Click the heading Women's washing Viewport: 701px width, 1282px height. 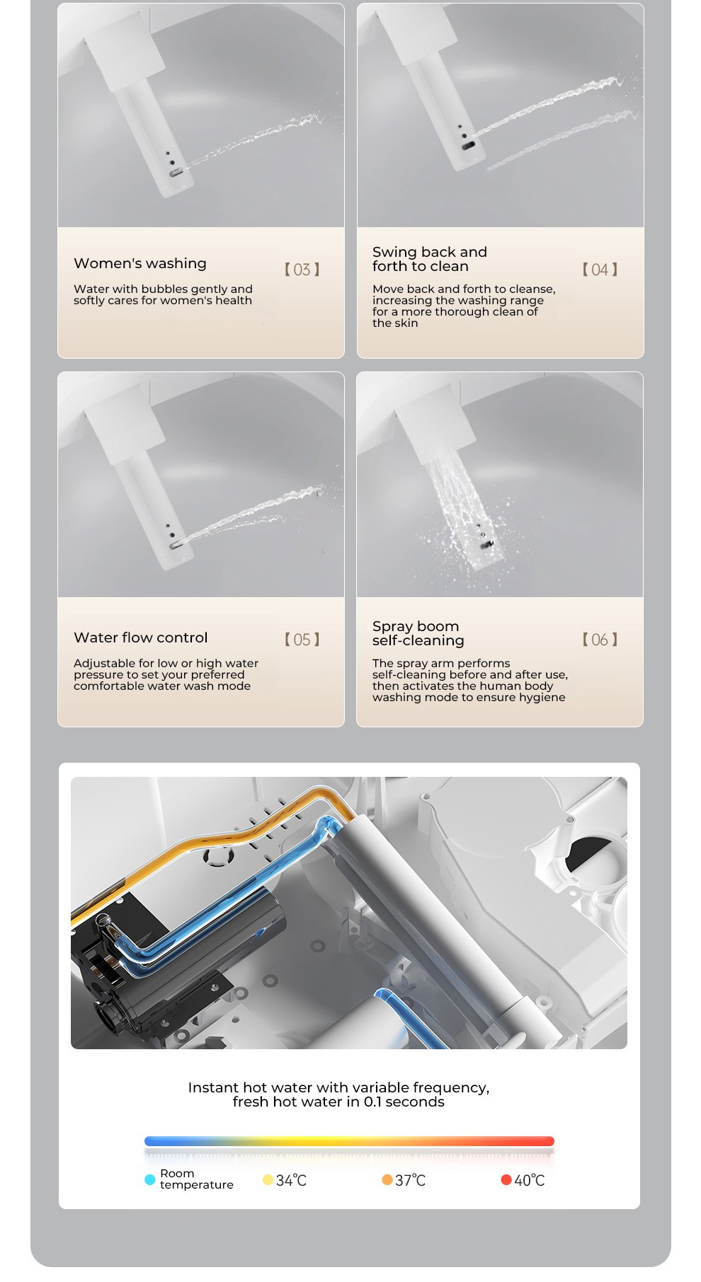(140, 264)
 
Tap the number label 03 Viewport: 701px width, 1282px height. (302, 270)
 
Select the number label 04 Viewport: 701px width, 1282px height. (600, 270)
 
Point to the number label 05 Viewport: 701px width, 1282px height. (302, 640)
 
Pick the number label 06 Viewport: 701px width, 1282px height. (600, 640)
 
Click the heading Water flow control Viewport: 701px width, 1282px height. (141, 637)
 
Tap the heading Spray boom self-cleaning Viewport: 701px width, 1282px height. (418, 633)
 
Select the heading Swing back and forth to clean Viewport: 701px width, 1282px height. (430, 259)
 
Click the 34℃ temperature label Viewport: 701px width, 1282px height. (291, 1180)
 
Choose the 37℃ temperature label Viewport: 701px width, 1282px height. (410, 1180)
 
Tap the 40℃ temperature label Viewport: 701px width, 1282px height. (530, 1180)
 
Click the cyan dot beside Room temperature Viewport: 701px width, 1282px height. (149, 1179)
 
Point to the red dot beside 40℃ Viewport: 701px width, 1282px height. (506, 1179)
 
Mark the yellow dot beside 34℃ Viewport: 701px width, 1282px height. (268, 1179)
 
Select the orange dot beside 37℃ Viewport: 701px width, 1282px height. (387, 1179)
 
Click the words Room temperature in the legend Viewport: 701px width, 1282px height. (196, 1179)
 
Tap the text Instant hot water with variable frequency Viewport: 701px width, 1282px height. (338, 1087)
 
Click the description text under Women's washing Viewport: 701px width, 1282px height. (163, 294)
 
